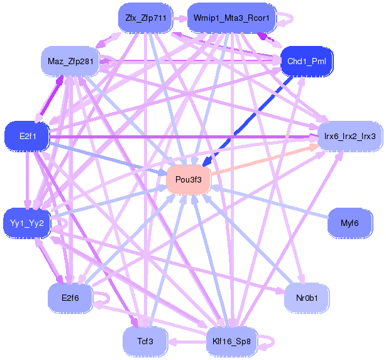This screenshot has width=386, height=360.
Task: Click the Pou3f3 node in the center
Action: [x=188, y=180]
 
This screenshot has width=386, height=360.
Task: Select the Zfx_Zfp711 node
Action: [x=145, y=18]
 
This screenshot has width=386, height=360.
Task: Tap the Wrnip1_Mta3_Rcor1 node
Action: [x=232, y=18]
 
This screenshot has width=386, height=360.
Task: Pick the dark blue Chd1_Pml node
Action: [x=306, y=61]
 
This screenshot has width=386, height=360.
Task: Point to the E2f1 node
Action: [x=27, y=136]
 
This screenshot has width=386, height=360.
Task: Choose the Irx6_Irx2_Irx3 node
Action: [x=350, y=136]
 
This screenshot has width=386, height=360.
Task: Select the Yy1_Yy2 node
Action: [x=27, y=223]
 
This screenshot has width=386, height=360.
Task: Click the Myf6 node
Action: [x=350, y=223]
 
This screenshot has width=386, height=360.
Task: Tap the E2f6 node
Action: [x=70, y=296]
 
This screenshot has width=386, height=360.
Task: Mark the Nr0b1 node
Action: [x=306, y=296]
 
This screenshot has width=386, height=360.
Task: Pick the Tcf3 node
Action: [x=145, y=341]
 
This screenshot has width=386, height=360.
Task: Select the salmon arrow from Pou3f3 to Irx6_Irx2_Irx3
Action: [x=264, y=160]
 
